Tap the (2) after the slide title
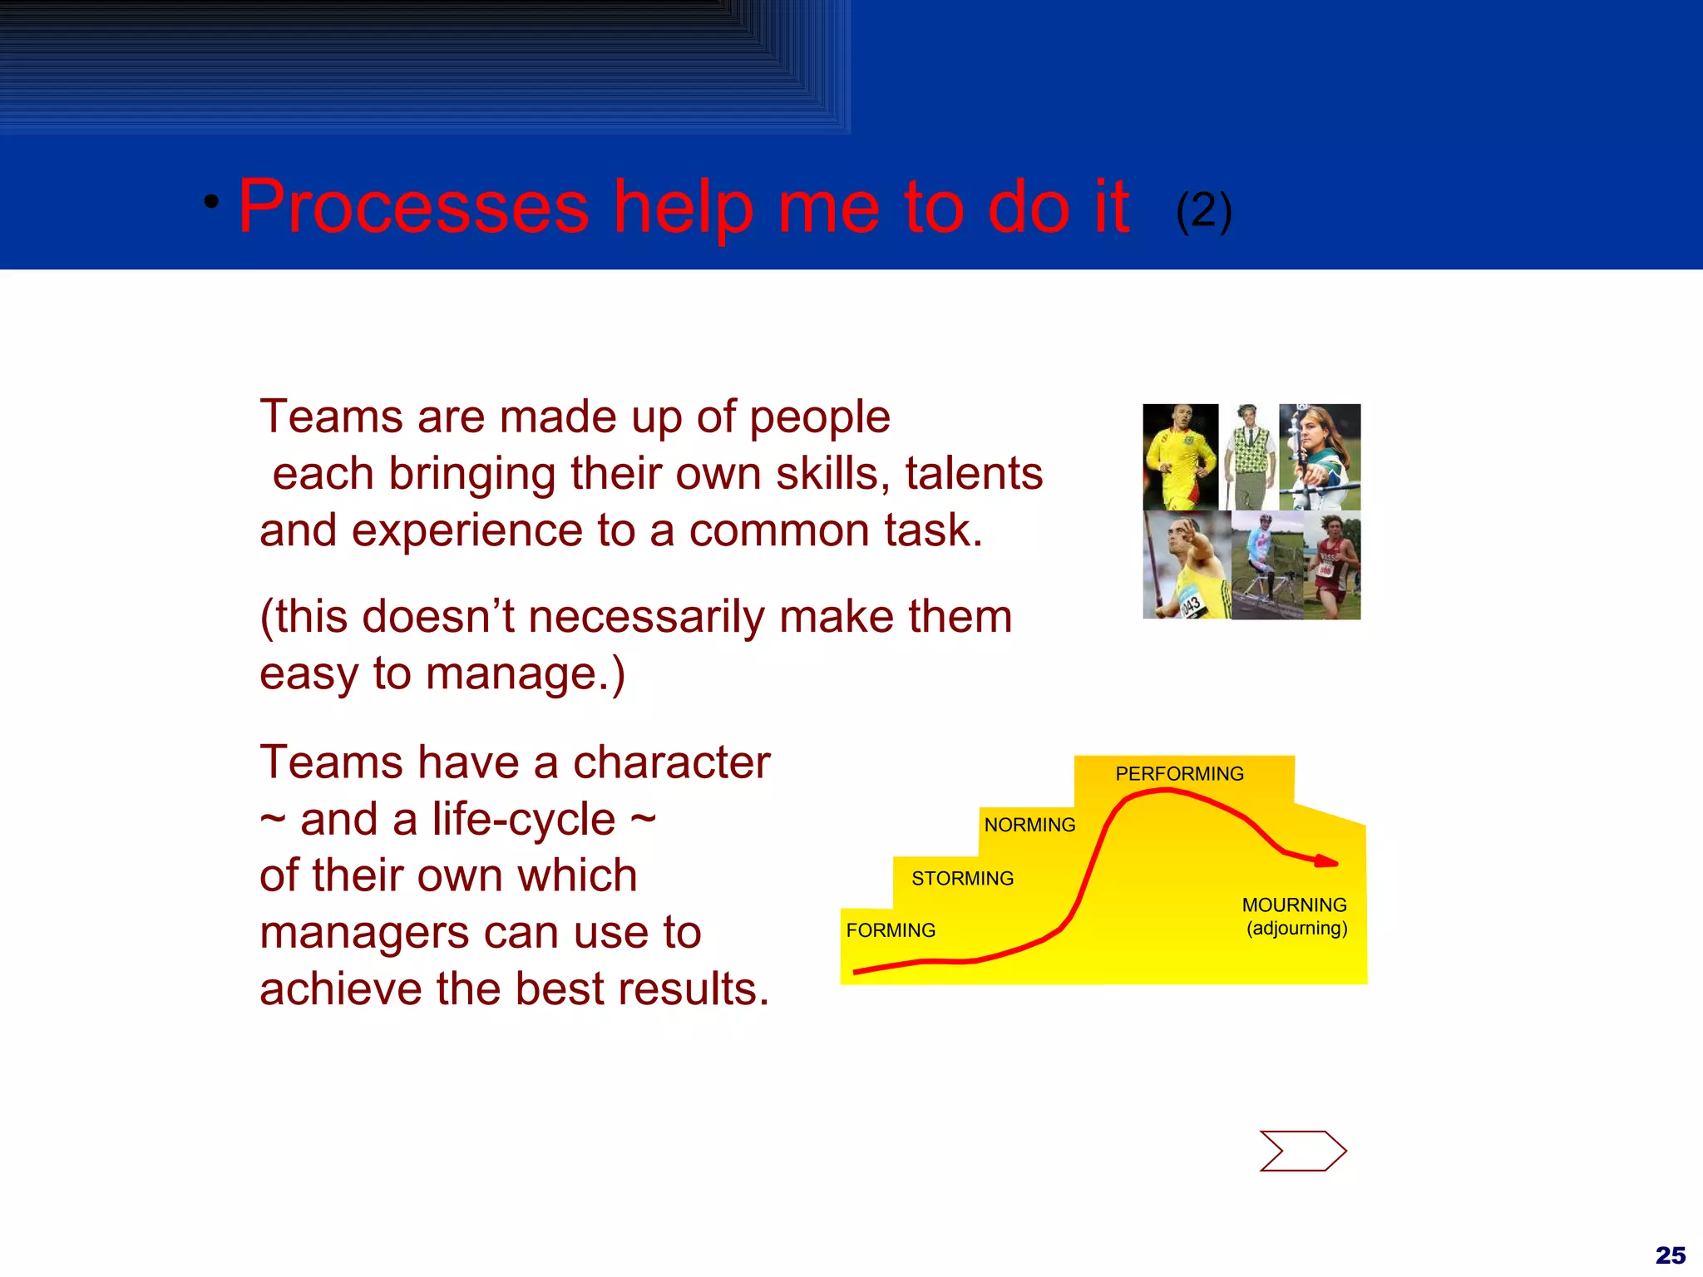point(1203,211)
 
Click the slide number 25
point(1670,1255)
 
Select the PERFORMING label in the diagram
point(1179,774)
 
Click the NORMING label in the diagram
point(1029,825)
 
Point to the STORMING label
point(962,879)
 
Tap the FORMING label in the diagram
point(891,930)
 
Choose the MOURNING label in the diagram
point(1294,905)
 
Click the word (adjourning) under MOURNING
point(1296,928)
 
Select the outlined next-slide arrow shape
point(1302,1151)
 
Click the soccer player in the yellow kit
point(1179,457)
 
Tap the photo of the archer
point(1320,457)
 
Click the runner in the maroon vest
point(1332,567)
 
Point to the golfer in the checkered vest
point(1248,457)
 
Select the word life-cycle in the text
point(524,820)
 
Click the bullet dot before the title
point(212,202)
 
